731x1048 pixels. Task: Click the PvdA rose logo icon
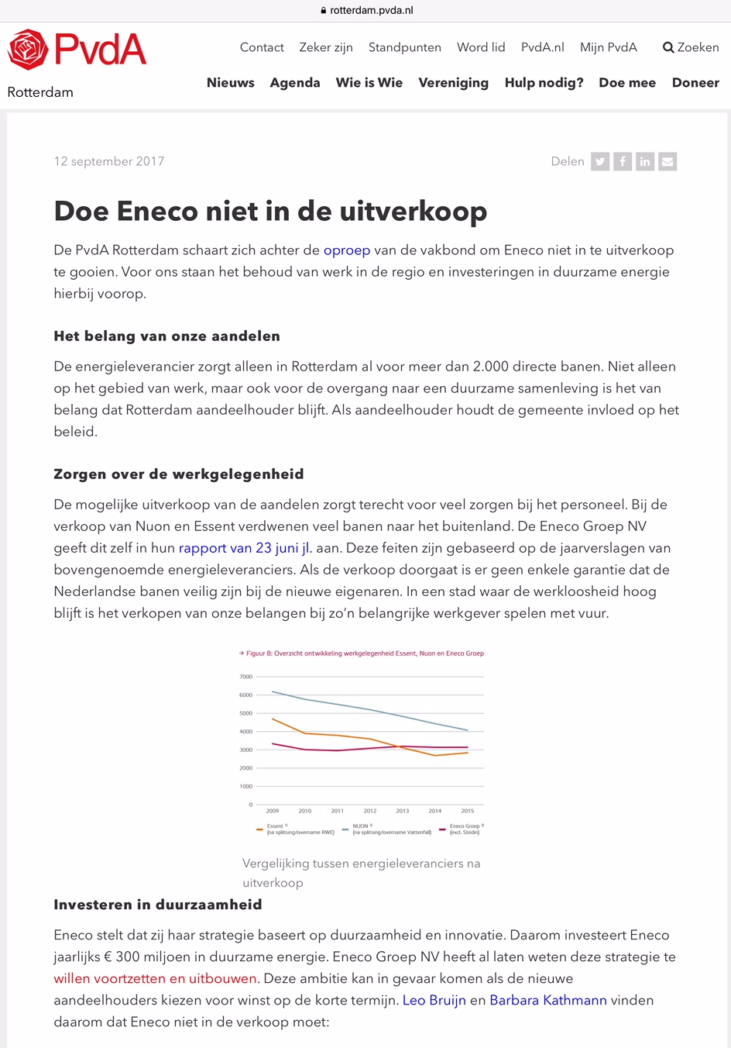point(28,50)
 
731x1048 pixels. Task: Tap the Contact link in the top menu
point(262,47)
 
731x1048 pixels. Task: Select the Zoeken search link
point(691,47)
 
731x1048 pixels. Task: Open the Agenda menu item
point(295,83)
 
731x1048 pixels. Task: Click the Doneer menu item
point(695,83)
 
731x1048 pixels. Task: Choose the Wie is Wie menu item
point(369,83)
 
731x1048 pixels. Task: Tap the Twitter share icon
point(600,161)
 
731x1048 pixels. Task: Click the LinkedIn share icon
point(645,161)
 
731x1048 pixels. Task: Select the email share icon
point(668,161)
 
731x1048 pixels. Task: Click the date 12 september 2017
point(109,161)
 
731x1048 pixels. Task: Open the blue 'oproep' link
point(347,250)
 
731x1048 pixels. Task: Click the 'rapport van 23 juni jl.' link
point(245,548)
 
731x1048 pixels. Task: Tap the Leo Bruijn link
point(434,1000)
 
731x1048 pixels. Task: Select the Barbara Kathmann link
point(548,1000)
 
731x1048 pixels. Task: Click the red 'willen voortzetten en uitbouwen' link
point(155,978)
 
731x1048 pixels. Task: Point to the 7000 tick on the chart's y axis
point(245,677)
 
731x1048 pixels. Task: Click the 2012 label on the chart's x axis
point(370,811)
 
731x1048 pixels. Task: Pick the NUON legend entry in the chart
point(387,829)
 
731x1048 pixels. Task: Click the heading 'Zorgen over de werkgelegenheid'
point(179,474)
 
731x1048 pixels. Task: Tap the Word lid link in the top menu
point(481,47)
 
